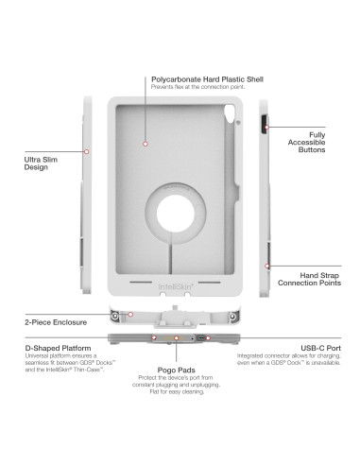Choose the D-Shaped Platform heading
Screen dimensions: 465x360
46,349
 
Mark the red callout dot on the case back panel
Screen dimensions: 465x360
146,143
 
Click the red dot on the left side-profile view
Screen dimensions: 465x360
88,151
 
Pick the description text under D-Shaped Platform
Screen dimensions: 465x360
54,366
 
